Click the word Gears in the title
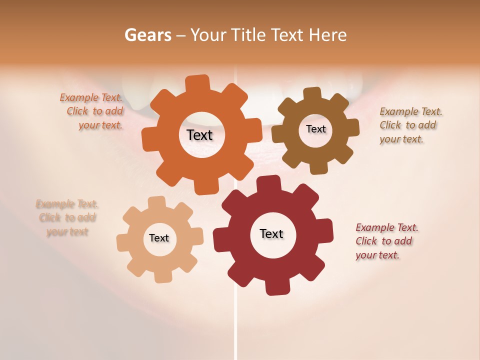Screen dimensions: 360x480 click(x=147, y=35)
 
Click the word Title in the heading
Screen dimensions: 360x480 click(x=250, y=35)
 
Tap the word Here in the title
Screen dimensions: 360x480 click(x=327, y=35)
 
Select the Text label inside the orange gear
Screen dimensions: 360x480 click(x=200, y=135)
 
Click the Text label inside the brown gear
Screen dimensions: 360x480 click(x=315, y=129)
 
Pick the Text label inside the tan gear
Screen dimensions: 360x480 click(x=159, y=238)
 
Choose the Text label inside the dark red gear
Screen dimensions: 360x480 click(x=271, y=233)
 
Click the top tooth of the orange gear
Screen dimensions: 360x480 click(x=198, y=83)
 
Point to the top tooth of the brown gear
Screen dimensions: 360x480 click(x=312, y=94)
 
